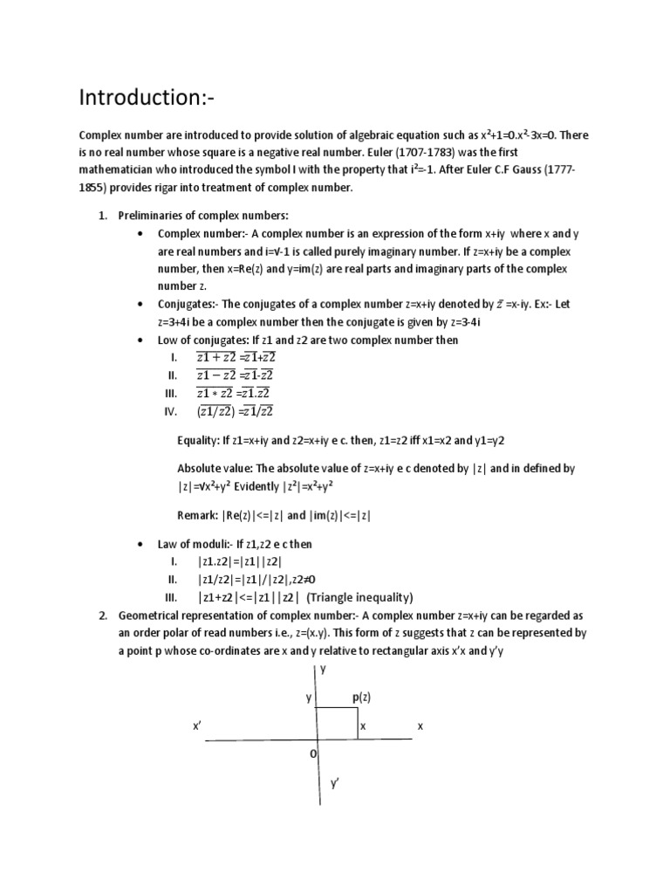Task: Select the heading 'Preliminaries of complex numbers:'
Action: pyautogui.click(x=203, y=216)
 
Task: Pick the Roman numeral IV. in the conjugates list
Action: pyautogui.click(x=170, y=411)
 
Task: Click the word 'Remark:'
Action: pyautogui.click(x=198, y=515)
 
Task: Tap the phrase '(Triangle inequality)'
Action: pyautogui.click(x=360, y=597)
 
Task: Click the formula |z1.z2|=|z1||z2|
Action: pyautogui.click(x=241, y=561)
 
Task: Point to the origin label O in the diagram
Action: pyautogui.click(x=312, y=753)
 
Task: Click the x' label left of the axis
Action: pyautogui.click(x=197, y=726)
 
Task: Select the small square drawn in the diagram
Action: pyautogui.click(x=338, y=723)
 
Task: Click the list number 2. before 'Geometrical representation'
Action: pyautogui.click(x=102, y=615)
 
